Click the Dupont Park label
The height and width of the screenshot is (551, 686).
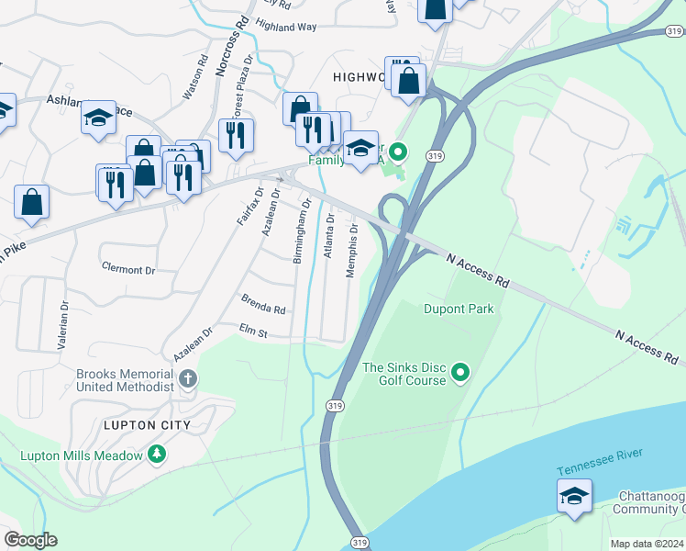click(459, 309)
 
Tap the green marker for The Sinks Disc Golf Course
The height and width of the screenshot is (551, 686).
click(461, 373)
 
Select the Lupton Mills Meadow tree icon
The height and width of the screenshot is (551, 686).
click(157, 455)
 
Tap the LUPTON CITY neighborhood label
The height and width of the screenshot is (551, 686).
click(147, 425)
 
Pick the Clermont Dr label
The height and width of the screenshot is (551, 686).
click(129, 270)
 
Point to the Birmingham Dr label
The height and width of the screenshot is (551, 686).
click(297, 235)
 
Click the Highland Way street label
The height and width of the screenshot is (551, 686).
click(286, 28)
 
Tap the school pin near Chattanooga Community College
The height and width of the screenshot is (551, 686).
click(574, 497)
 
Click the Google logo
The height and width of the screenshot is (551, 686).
click(30, 540)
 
